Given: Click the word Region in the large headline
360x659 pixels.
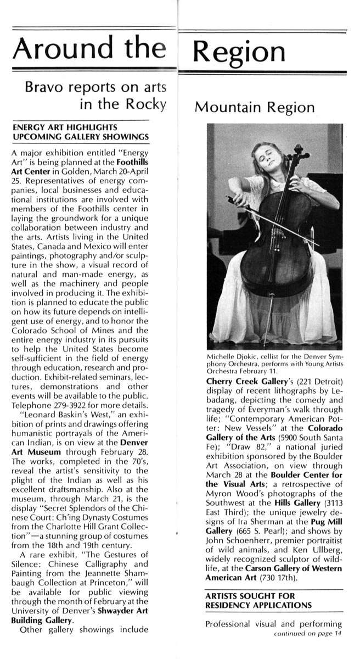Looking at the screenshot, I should [x=240, y=51].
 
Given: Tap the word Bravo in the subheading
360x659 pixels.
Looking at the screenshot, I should [x=39, y=87].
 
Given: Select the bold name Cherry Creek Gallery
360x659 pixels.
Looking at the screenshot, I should [x=239, y=381].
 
